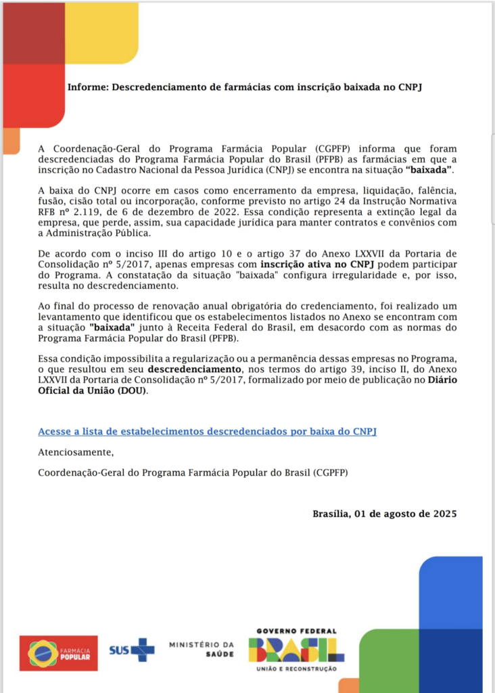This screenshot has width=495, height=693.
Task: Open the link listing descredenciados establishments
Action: [207, 431]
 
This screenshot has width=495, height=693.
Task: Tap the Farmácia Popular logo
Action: [58, 652]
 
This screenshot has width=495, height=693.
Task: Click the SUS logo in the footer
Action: [132, 650]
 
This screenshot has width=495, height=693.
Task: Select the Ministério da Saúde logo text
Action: [202, 650]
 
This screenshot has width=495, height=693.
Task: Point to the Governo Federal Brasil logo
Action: [296, 650]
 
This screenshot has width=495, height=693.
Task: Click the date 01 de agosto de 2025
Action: [406, 514]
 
